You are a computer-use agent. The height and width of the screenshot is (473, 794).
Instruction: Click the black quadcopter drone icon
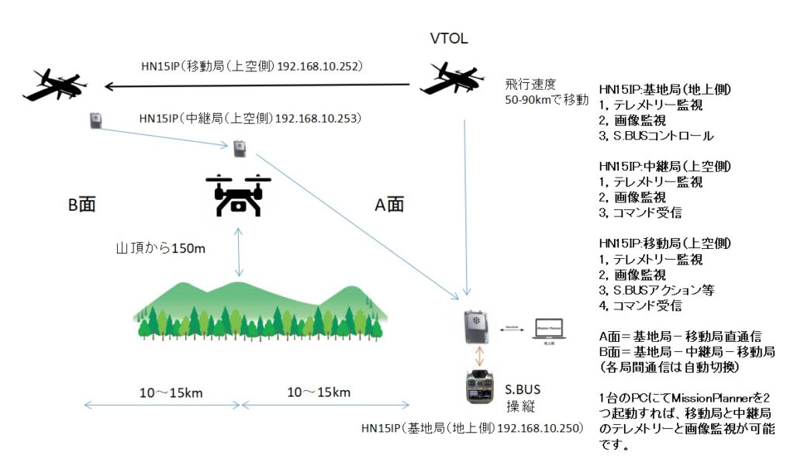click(x=239, y=194)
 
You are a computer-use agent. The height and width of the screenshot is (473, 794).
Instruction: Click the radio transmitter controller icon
click(x=480, y=387)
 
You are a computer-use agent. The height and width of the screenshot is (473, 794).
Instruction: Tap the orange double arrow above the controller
click(x=481, y=357)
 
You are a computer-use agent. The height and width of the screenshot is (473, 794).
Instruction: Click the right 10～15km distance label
click(x=321, y=392)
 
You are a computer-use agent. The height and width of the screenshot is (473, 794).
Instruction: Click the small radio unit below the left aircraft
click(x=95, y=120)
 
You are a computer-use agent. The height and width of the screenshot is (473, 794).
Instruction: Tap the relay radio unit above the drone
click(x=240, y=147)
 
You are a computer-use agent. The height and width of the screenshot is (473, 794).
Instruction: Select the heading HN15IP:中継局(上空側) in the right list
click(x=666, y=167)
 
